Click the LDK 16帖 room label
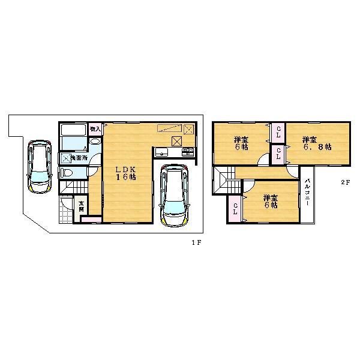[x=126, y=173]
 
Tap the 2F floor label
[x=345, y=182]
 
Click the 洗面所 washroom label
[x=79, y=157]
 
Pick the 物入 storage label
[x=95, y=128]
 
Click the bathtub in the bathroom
[x=73, y=131]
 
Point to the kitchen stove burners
[x=188, y=151]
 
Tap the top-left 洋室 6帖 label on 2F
[x=242, y=144]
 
